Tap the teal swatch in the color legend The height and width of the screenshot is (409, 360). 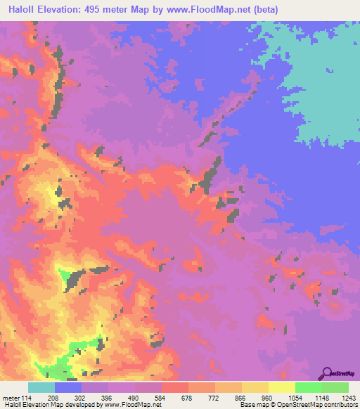(x=41, y=387)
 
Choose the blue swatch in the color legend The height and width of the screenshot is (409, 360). (x=68, y=387)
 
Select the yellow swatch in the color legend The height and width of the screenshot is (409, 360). (x=282, y=387)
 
